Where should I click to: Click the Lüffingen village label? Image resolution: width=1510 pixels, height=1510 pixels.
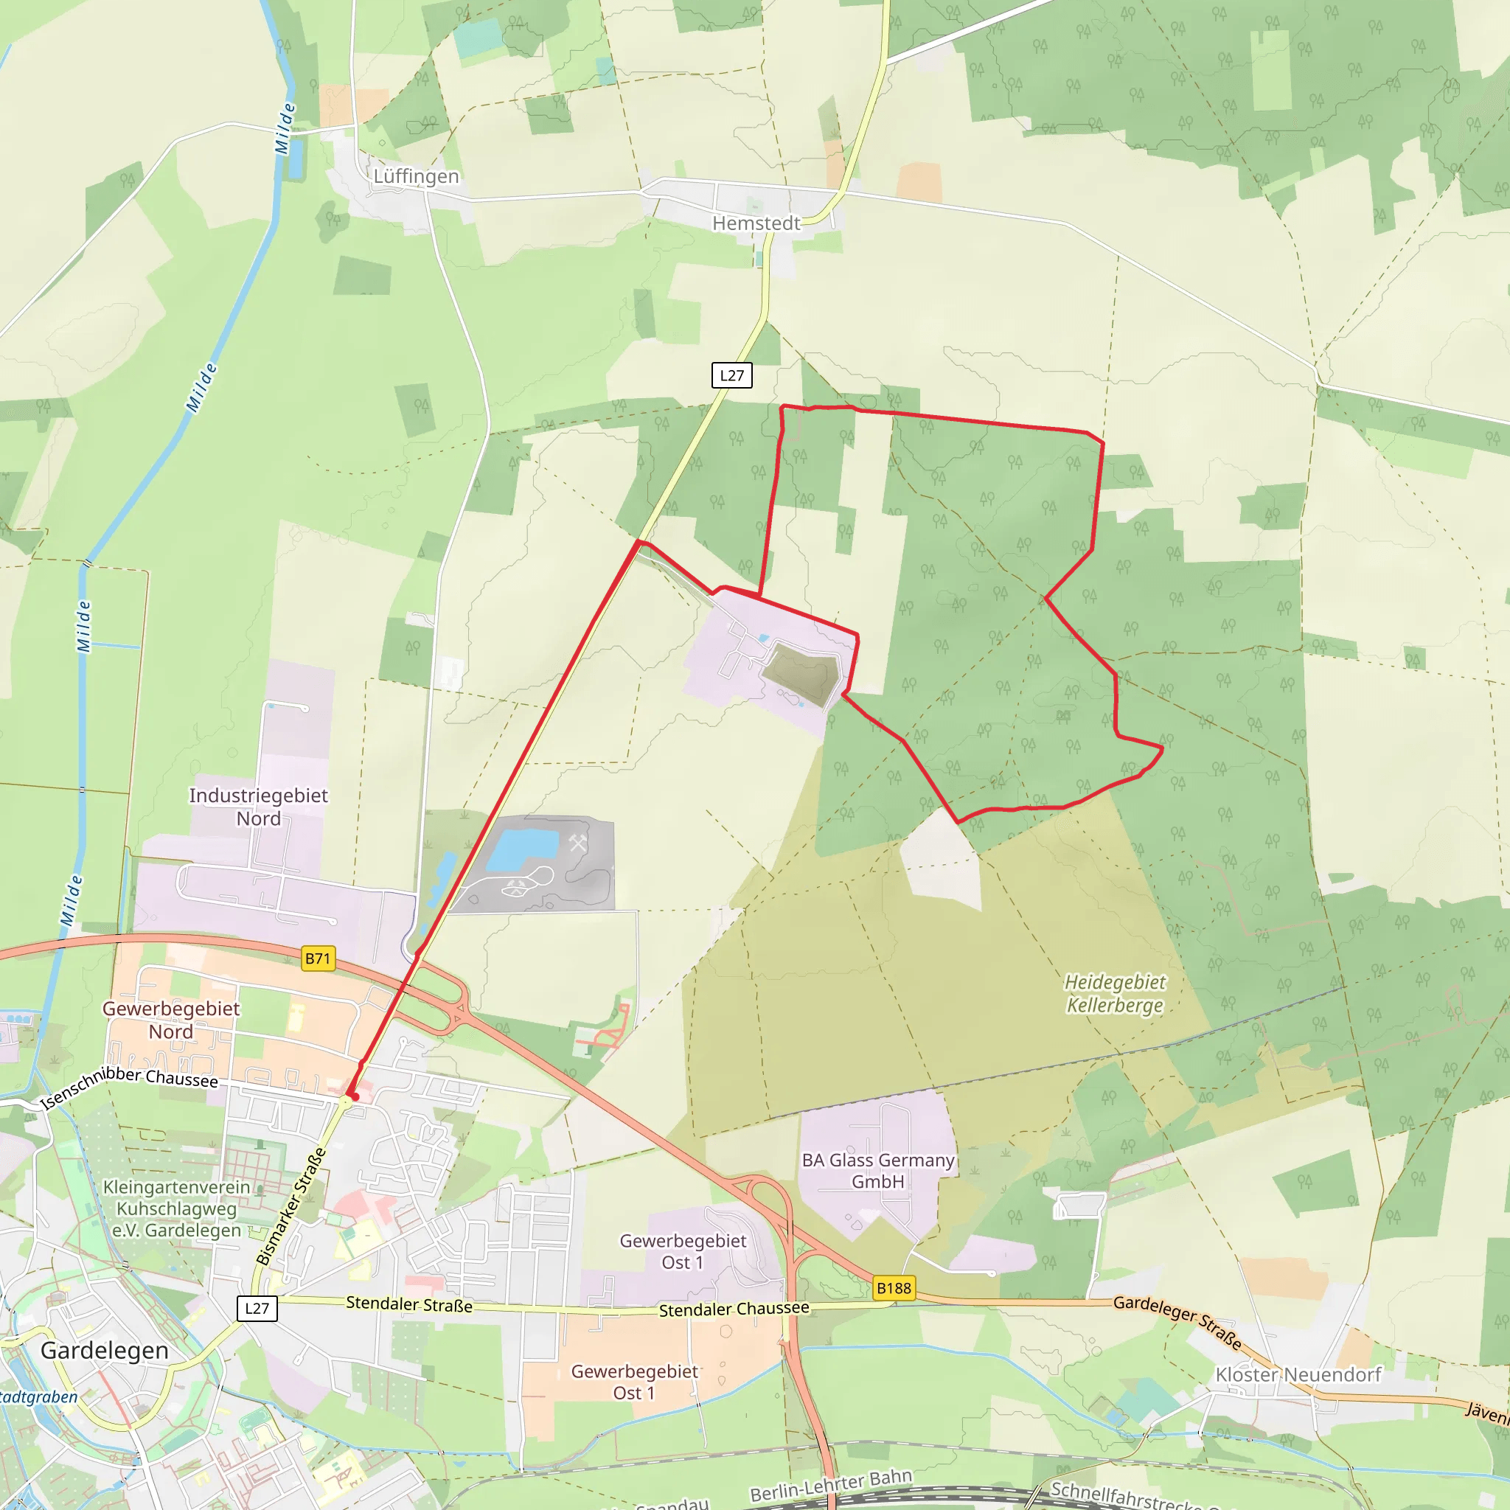416,177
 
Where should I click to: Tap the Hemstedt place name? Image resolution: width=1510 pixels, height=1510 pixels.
756,223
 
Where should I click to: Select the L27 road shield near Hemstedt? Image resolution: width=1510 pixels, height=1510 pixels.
731,375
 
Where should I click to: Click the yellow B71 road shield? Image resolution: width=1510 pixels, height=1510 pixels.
318,958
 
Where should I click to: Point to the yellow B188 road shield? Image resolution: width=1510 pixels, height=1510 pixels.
894,1288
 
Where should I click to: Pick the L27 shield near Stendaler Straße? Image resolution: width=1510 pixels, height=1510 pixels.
257,1309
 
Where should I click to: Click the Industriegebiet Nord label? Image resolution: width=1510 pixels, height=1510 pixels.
259,807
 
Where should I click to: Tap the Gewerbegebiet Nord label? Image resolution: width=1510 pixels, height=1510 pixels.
171,1020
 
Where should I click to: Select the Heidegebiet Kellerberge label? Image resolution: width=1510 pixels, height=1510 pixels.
1115,993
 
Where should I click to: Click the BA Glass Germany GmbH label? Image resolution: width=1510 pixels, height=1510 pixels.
877,1171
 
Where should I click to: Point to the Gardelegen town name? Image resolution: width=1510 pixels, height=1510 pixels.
104,1351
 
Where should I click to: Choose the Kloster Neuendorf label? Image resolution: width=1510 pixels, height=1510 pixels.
1298,1375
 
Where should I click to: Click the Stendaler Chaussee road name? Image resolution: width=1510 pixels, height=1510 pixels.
734,1309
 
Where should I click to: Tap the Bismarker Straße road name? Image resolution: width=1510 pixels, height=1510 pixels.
290,1207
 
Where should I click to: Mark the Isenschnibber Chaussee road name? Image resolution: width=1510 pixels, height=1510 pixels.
130,1086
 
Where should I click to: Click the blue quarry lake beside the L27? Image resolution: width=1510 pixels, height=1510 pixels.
522,850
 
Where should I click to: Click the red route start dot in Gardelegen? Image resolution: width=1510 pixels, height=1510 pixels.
355,1097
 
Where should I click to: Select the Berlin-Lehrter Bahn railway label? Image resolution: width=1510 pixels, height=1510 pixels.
831,1485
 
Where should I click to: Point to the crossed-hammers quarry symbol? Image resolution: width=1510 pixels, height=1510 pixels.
577,843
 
